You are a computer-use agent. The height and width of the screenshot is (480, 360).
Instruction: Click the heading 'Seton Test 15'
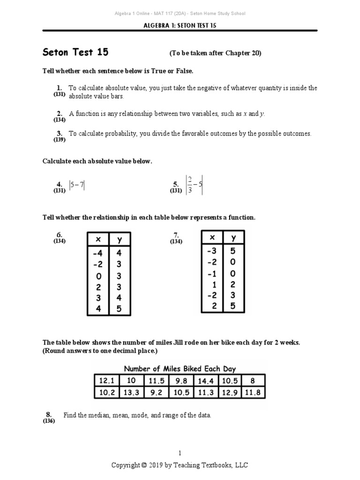point(75,52)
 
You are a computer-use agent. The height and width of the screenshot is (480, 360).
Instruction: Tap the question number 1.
point(59,88)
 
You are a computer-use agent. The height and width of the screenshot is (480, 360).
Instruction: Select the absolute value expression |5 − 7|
point(77,185)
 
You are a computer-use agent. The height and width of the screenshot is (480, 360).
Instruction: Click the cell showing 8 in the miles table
point(253,380)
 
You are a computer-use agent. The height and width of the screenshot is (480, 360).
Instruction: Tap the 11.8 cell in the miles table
point(253,393)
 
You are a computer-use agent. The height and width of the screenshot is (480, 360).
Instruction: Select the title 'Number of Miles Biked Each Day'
point(180,368)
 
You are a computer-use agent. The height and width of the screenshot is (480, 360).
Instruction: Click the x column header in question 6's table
point(98,240)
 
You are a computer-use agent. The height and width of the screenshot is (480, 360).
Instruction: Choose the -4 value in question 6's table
point(97,253)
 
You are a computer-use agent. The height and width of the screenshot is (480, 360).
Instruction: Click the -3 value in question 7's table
point(212,251)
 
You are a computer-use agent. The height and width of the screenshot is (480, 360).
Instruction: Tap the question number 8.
point(48,414)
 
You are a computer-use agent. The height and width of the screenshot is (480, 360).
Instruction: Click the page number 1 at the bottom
point(180,453)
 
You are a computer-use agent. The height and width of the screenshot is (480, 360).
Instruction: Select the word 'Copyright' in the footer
point(125,465)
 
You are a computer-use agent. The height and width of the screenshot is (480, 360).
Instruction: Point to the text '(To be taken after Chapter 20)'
point(215,53)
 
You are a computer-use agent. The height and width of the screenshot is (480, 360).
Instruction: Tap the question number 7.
point(176,235)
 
